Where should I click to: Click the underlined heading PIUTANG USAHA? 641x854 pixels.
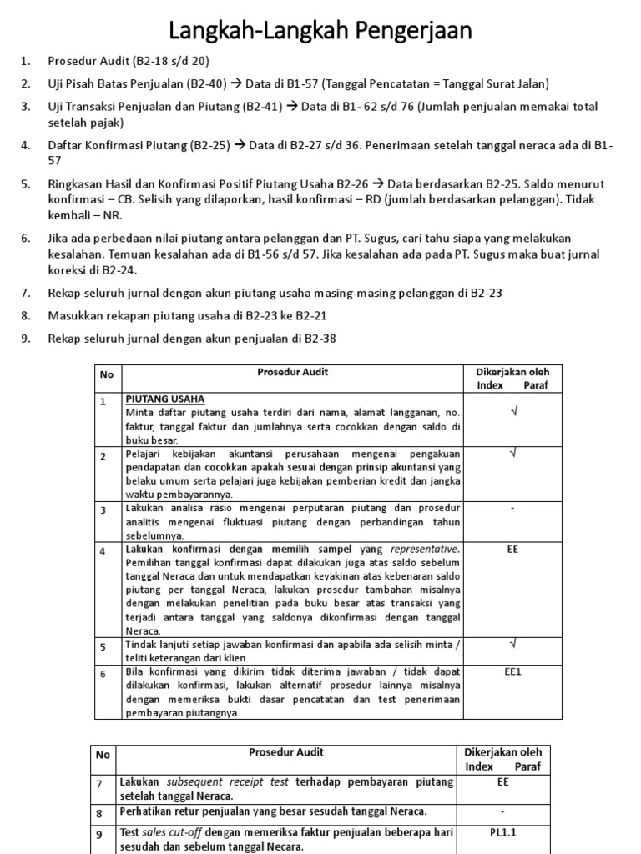coord(165,399)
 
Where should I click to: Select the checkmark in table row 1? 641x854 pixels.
coord(512,409)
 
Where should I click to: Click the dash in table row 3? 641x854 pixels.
coord(512,508)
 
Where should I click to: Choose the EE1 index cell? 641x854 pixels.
coord(512,670)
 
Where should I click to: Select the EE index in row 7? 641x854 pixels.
coord(502,782)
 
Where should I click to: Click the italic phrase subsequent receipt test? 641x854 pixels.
coord(228,782)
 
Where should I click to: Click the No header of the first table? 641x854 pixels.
coord(106,374)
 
